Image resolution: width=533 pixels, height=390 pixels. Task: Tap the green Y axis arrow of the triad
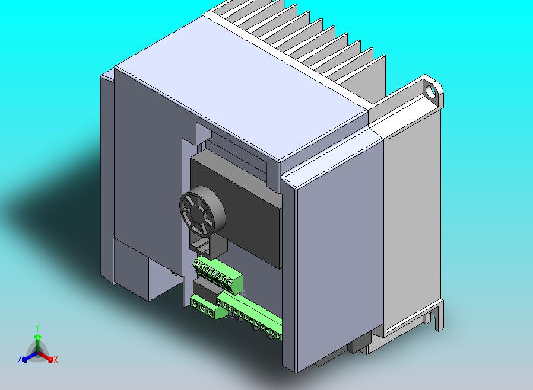pyautogui.click(x=37, y=340)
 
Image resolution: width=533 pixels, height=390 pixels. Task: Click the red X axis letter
pyautogui.click(x=56, y=360)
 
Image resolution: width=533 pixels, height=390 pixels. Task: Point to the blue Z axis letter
pyautogui.click(x=20, y=360)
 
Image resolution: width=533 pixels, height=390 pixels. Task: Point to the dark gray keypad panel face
pyautogui.click(x=249, y=207)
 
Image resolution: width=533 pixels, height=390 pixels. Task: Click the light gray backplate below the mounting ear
pyautogui.click(x=413, y=219)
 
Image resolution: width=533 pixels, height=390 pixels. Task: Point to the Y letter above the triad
pyautogui.click(x=37, y=328)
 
